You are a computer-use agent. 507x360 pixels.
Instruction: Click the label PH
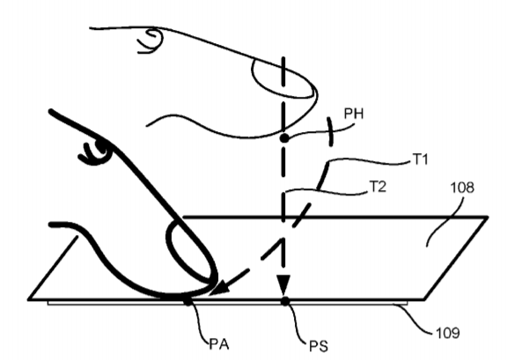click(354, 114)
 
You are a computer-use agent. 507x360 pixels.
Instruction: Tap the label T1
click(421, 159)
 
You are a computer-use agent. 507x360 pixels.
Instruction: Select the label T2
click(378, 187)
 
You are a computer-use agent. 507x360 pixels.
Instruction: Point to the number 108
click(462, 187)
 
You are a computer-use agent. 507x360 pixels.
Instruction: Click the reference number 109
click(448, 333)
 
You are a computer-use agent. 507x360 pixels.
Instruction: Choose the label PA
click(219, 344)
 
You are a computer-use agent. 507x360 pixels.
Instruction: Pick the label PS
click(319, 346)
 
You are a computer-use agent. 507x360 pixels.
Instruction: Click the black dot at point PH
click(284, 138)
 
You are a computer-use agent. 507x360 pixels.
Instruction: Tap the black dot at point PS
click(285, 301)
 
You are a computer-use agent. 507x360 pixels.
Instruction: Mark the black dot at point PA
click(187, 302)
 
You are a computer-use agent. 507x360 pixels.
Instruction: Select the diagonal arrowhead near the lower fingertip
click(220, 288)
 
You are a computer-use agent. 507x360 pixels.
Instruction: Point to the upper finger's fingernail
click(283, 78)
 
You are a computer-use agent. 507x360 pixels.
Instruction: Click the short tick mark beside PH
click(330, 132)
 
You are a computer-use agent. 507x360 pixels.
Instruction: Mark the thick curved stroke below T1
click(323, 176)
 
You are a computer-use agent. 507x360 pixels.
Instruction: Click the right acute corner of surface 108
click(487, 217)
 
